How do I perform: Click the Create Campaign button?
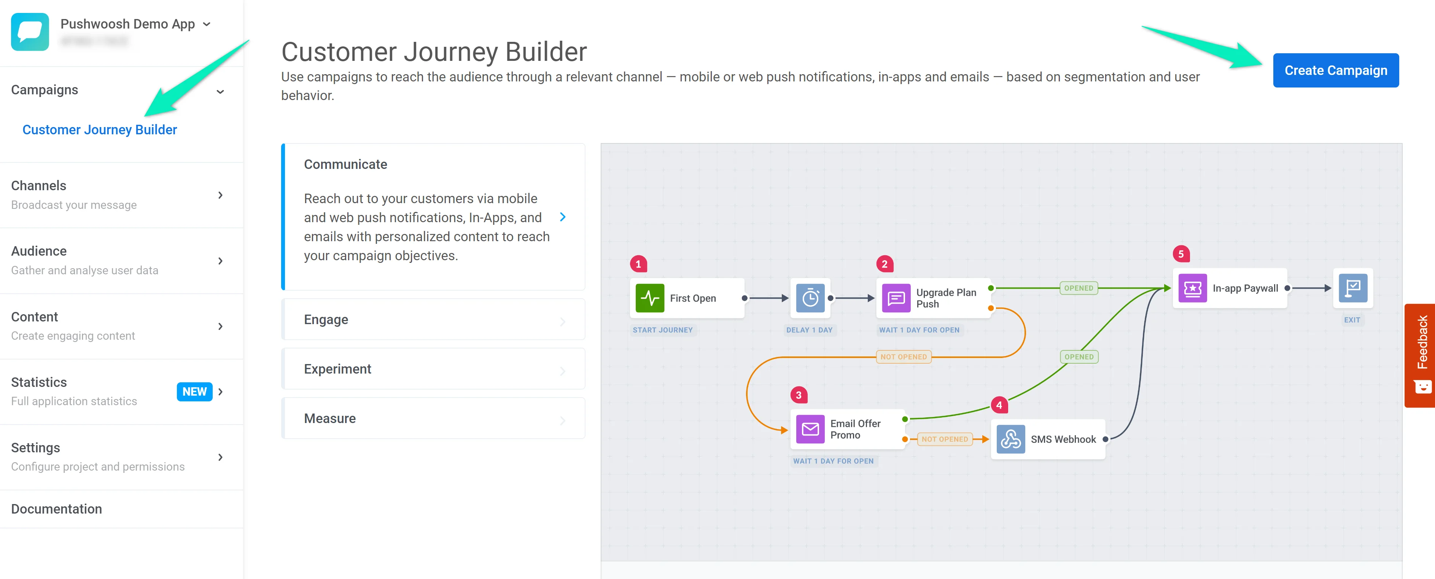[x=1335, y=70]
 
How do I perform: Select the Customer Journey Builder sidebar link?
[x=100, y=130]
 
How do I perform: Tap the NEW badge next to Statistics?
[x=194, y=392]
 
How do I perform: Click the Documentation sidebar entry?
[x=57, y=509]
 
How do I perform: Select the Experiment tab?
[x=433, y=369]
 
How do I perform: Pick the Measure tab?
[x=433, y=418]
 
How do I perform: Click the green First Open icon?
[x=649, y=298]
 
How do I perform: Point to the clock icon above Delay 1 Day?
[x=810, y=298]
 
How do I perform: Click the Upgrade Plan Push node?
[x=934, y=298]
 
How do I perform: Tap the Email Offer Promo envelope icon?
[x=810, y=429]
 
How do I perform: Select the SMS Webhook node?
[x=1048, y=439]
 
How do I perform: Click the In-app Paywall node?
[x=1230, y=288]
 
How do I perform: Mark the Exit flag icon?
[x=1352, y=288]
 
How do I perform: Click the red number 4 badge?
[x=999, y=405]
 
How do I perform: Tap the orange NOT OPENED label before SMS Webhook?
[x=944, y=439]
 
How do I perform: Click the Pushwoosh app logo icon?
[x=30, y=32]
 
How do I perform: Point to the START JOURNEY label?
[x=662, y=330]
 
